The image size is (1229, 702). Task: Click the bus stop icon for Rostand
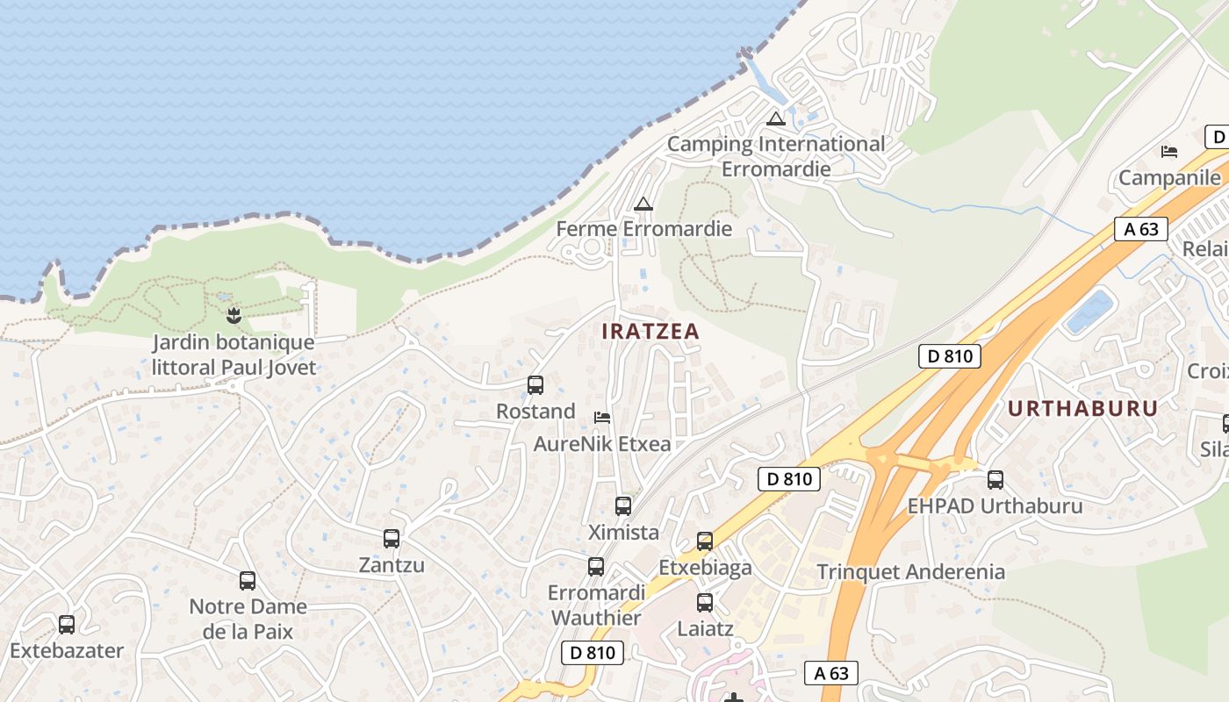[535, 384]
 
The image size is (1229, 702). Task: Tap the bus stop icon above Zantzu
[392, 538]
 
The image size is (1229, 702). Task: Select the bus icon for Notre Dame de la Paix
[248, 580]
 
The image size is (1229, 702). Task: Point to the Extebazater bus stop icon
[67, 625]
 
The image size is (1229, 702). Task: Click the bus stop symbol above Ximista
[622, 505]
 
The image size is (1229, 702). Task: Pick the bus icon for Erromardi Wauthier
[596, 567]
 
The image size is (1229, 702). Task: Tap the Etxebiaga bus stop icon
[705, 541]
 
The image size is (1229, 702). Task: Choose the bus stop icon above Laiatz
[705, 603]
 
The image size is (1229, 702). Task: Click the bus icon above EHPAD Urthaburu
[995, 480]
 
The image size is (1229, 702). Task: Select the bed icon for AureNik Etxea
[602, 417]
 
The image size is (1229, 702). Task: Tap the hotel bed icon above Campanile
[1168, 152]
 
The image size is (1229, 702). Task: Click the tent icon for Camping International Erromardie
[775, 118]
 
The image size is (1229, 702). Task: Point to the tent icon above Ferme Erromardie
[643, 204]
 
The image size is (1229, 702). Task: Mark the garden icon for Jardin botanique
[234, 314]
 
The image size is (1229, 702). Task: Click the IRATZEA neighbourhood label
[650, 332]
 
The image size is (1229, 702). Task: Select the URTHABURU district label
[1082, 408]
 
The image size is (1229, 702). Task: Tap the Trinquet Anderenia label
[910, 572]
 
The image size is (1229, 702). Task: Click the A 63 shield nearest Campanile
[1141, 229]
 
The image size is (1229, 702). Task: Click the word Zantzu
[392, 564]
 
